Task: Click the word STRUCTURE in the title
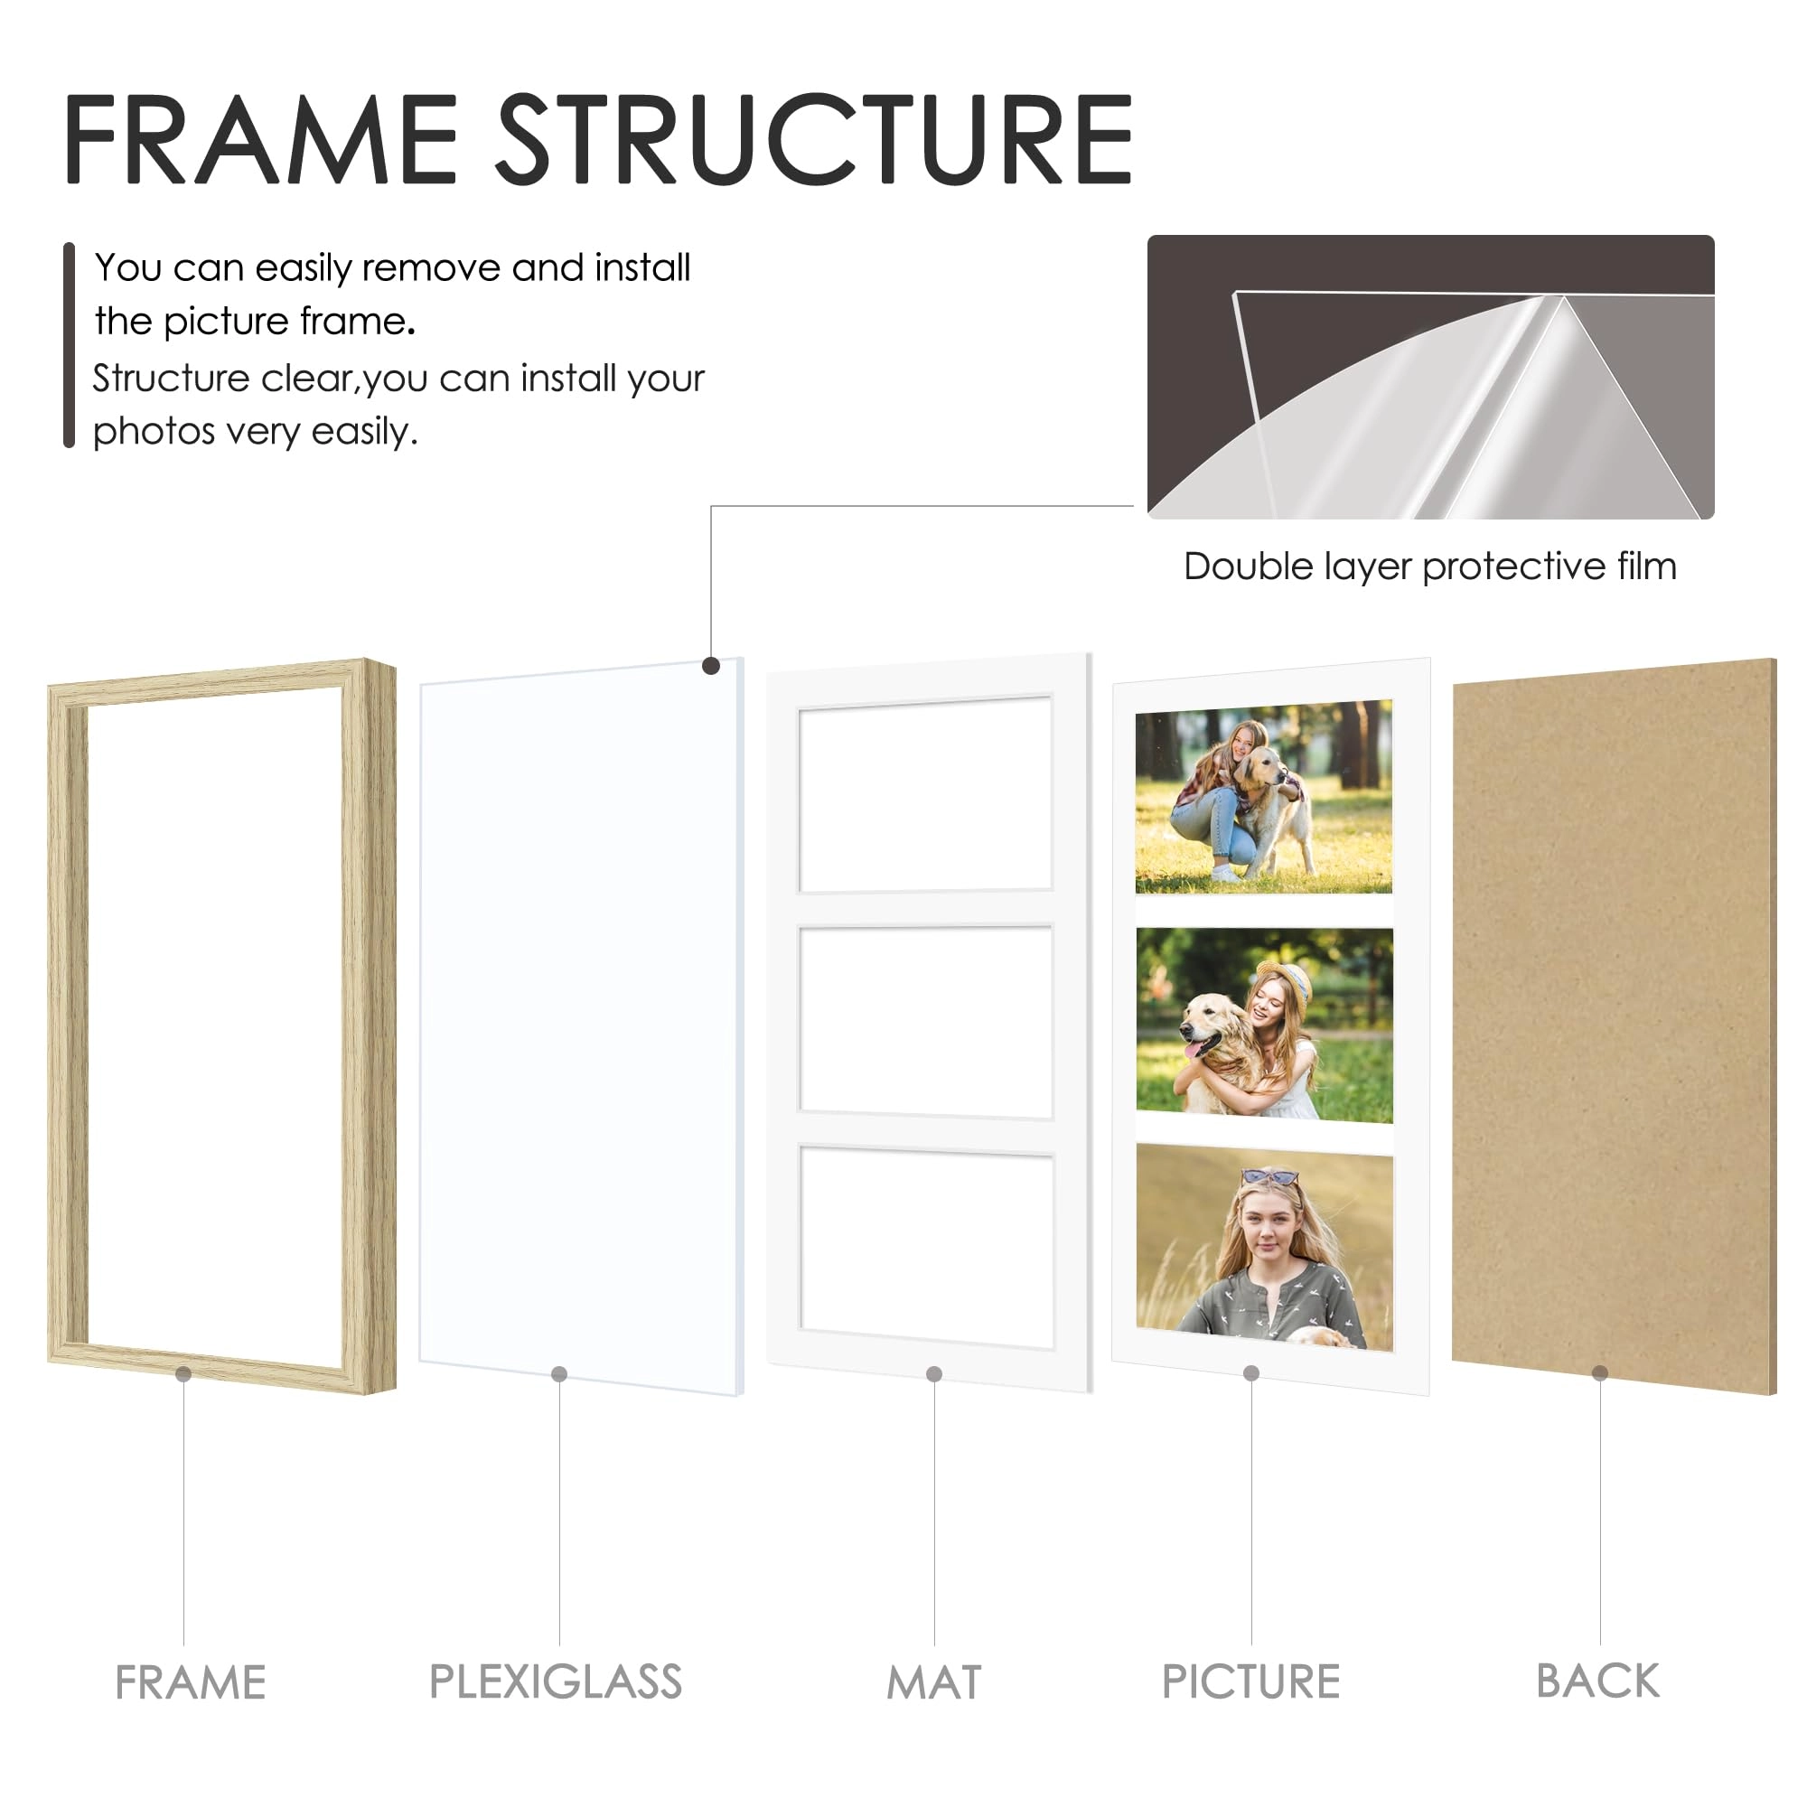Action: (x=813, y=140)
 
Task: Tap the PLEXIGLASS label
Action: (x=556, y=1681)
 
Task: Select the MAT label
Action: (x=933, y=1682)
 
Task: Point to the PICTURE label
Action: (x=1250, y=1681)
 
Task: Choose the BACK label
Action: (x=1597, y=1681)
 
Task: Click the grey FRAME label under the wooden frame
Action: (x=190, y=1682)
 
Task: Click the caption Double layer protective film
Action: (x=1429, y=566)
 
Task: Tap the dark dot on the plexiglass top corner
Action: (x=711, y=666)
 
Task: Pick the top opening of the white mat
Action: (x=925, y=794)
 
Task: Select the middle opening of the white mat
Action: (x=926, y=1020)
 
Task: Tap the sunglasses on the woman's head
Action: (x=1269, y=1176)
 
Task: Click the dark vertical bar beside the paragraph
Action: (x=69, y=345)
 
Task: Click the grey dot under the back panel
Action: (x=1599, y=1373)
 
